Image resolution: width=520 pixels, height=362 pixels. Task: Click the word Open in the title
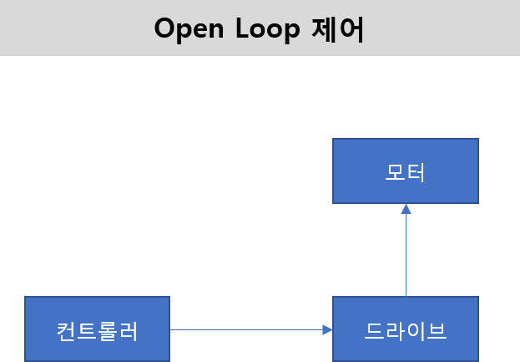coord(189,28)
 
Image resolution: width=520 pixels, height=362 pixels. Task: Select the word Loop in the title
coord(271,28)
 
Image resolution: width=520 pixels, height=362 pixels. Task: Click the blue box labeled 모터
coord(406,171)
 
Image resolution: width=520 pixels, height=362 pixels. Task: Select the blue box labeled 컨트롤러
coord(97,329)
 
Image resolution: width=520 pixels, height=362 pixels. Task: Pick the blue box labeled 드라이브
coord(406,329)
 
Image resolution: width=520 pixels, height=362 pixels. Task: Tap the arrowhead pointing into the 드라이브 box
coord(327,329)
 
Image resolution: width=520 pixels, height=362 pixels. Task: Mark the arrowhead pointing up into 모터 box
coord(406,209)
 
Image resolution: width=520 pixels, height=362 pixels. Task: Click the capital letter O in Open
coord(165,28)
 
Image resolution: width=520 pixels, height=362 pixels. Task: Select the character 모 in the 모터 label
coord(395,171)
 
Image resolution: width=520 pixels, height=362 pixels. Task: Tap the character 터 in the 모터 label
coord(417,171)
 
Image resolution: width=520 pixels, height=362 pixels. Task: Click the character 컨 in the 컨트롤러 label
coord(66,330)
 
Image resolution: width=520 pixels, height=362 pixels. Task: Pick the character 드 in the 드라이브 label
coord(375,330)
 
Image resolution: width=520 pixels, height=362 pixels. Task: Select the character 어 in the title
coord(354,28)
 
